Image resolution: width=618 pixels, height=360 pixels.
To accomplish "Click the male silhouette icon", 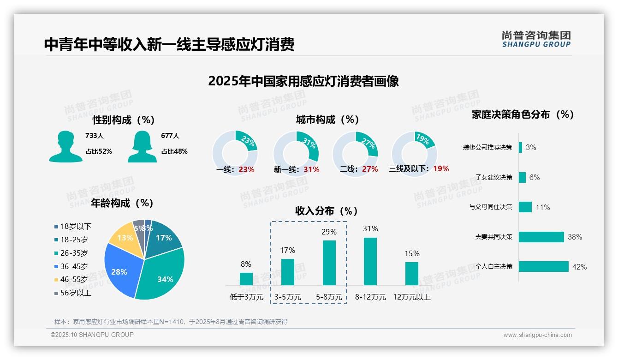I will tap(65, 146).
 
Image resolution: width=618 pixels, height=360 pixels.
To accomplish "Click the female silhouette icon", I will tap(142, 146).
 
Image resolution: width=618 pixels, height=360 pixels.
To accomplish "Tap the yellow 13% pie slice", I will tap(123, 238).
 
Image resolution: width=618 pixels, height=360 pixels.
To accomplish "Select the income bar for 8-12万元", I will tap(370, 261).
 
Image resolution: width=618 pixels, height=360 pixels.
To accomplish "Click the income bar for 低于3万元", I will tap(246, 279).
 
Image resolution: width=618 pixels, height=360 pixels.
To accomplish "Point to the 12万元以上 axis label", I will tap(411, 297).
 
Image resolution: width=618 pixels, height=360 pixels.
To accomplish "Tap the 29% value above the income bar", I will tap(329, 232).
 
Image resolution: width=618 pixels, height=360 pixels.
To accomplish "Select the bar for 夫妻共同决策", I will tap(541, 237).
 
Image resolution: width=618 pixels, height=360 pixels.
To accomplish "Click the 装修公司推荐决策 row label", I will tap(487, 148).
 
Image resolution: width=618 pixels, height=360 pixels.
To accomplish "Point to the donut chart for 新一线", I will tap(296, 154).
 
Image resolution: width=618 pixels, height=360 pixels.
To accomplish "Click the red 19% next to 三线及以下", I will tap(441, 169).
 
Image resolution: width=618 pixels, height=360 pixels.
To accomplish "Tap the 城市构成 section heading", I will tap(327, 120).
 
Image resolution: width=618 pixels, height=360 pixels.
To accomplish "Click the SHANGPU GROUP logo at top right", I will tap(536, 39).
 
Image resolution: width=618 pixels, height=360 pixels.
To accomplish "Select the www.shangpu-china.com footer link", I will tap(537, 335).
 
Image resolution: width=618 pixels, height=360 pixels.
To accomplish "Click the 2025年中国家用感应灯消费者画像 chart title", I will tap(303, 81).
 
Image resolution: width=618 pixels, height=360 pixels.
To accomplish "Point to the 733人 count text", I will tap(95, 136).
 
